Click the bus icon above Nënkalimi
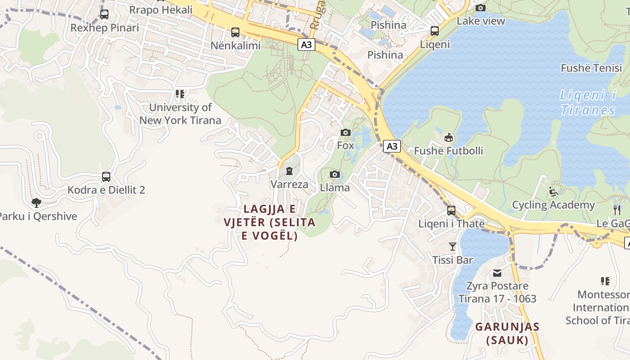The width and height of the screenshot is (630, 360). coord(235,32)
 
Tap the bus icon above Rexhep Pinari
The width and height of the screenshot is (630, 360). coord(104,14)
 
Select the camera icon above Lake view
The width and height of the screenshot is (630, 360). coord(481,8)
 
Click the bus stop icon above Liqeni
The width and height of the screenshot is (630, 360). coord(435,31)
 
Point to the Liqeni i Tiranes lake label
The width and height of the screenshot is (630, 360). coord(588,103)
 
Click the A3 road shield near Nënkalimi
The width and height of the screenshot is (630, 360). coord(306,45)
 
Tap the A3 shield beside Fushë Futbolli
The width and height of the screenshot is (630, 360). coord(392,146)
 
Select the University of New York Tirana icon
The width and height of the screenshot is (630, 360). coord(180,94)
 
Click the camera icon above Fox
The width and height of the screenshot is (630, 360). coord(346,132)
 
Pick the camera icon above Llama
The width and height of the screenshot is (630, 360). coord(334,175)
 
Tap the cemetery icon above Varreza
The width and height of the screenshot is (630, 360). coord(289,171)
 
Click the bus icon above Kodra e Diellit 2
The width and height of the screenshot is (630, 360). coord(106,177)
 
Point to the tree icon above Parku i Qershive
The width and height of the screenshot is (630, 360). coord(36,203)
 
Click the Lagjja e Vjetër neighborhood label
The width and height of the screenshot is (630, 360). coord(270,222)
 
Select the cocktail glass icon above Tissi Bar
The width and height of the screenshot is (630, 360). coord(453,247)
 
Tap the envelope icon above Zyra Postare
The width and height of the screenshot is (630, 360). coord(497,273)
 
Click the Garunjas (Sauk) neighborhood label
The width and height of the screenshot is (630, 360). coord(507,333)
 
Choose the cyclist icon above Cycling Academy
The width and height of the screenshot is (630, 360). coord(553,192)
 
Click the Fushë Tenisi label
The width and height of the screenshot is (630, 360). coord(591,68)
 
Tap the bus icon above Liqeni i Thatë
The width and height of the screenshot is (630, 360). coord(451,211)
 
